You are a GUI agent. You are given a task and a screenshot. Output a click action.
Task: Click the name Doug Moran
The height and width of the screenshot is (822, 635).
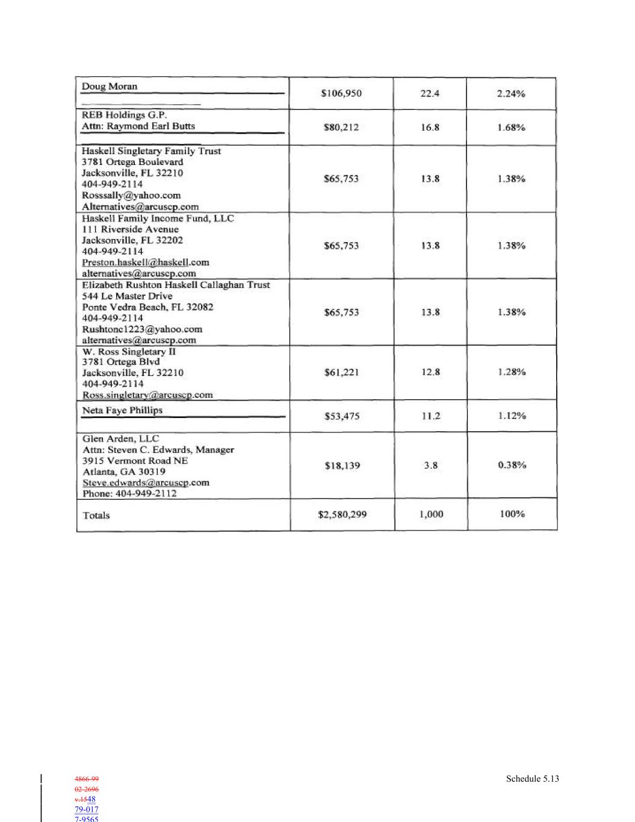[110, 86]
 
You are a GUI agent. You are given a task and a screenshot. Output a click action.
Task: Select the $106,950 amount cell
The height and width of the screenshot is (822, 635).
[341, 93]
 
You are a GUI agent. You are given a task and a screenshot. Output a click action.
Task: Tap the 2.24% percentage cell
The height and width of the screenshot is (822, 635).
[511, 93]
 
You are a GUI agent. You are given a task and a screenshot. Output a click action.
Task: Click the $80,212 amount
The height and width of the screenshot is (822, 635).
[341, 127]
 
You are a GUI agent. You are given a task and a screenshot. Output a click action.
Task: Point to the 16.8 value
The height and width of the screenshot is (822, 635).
[430, 127]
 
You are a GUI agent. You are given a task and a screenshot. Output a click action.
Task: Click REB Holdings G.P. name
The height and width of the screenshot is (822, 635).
[124, 114]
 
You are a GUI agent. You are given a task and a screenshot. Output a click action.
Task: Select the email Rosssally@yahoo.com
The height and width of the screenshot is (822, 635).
[131, 195]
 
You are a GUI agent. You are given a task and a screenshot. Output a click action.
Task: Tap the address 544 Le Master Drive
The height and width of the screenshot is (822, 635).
[127, 296]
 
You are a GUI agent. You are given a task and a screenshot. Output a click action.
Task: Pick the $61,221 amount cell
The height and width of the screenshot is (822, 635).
[341, 372]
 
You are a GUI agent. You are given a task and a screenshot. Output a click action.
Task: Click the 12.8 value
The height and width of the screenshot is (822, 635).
[430, 372]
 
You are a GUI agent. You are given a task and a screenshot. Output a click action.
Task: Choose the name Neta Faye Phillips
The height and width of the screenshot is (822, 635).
[122, 410]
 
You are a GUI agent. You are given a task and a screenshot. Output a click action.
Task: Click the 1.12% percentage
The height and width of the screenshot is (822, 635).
[512, 416]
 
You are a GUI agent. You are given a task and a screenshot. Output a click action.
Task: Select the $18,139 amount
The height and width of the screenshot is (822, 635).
[342, 465]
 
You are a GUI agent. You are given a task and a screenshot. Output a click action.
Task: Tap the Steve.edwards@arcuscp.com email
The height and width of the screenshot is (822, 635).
[146, 482]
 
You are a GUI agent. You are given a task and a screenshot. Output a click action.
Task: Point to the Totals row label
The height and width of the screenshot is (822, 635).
[96, 515]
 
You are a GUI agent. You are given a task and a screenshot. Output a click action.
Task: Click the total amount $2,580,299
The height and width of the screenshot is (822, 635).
[342, 514]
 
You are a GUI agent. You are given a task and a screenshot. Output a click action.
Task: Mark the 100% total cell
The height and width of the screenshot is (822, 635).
[512, 514]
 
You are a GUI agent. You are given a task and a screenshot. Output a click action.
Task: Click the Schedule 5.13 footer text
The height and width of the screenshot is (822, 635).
[532, 779]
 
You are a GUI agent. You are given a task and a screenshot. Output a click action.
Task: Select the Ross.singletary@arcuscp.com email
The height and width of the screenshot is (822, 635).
[147, 394]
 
